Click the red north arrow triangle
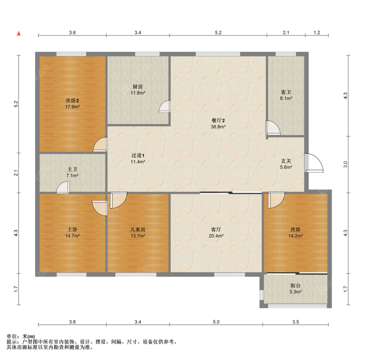[19, 33]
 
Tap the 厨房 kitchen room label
[138, 87]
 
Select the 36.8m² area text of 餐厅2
[218, 127]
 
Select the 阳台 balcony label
[295, 286]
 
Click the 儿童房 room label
[138, 229]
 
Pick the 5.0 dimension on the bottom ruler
[216, 322]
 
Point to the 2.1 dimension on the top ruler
[286, 33]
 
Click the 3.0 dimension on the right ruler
[345, 164]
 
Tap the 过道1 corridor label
[138, 155]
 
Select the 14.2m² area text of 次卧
[295, 236]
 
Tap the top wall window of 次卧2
[71, 54]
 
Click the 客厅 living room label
[216, 229]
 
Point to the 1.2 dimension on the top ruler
[317, 33]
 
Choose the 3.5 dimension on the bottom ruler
[295, 322]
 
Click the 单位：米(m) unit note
[21, 337]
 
